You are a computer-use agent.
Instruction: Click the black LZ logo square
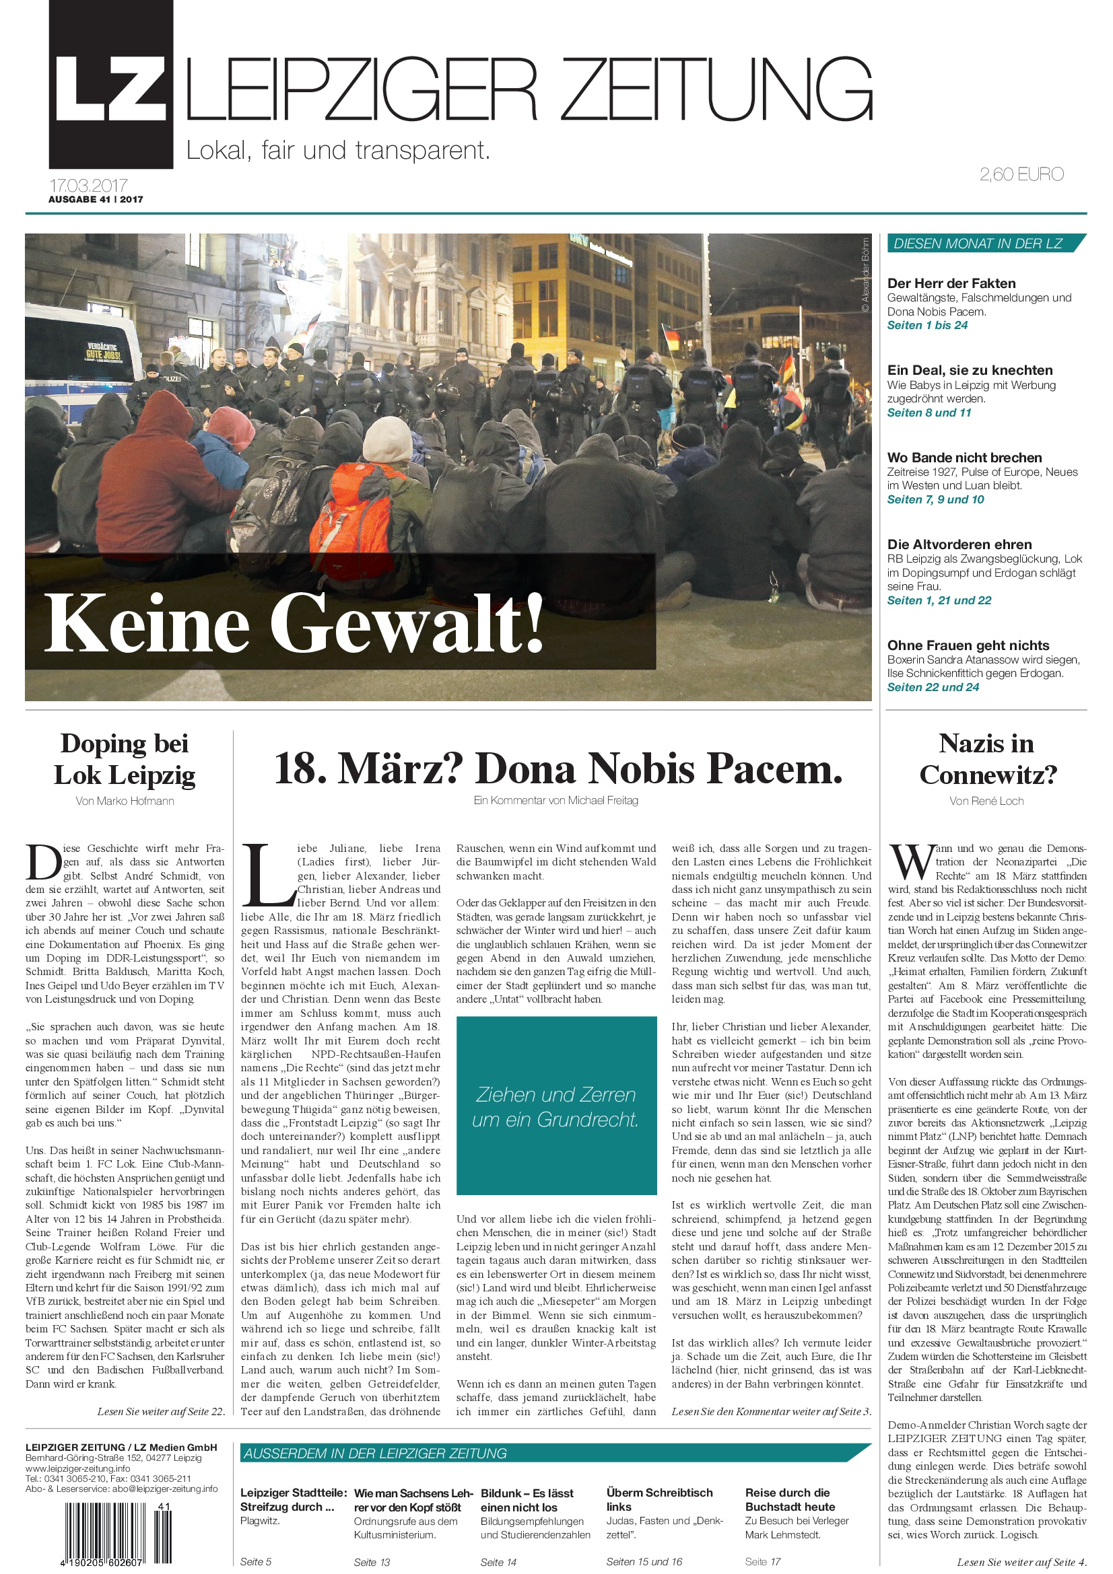[110, 85]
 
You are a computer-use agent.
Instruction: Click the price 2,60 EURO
[1021, 174]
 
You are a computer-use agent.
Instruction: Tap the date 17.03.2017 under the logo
[88, 185]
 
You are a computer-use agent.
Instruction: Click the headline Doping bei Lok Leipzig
[125, 759]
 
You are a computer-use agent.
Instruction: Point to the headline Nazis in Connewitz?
[988, 759]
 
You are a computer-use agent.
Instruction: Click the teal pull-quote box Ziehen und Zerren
[556, 1106]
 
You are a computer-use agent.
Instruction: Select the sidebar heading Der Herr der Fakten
[951, 283]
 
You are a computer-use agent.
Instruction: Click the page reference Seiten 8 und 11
[929, 413]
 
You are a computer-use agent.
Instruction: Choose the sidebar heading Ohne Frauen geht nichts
[968, 645]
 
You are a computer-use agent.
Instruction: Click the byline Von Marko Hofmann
[125, 801]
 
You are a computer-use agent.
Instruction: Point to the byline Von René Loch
[986, 801]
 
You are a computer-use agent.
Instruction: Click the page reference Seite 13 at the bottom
[372, 1563]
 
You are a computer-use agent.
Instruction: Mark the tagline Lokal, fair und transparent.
[338, 150]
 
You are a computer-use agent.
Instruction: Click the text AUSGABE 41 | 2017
[96, 199]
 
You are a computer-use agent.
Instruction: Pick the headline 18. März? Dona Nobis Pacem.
[558, 768]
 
